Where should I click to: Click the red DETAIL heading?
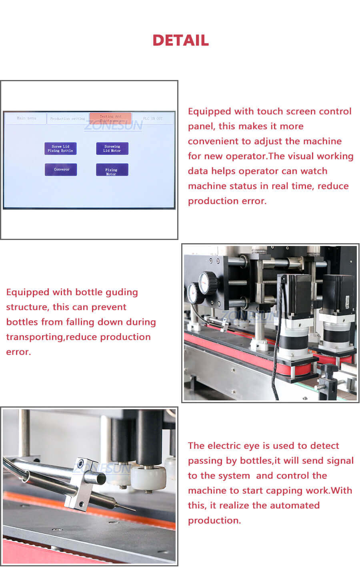tap(180, 40)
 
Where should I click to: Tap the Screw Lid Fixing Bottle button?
tap(60, 148)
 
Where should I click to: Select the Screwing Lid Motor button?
tap(112, 148)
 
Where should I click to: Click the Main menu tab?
tap(26, 118)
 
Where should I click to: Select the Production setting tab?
tap(68, 119)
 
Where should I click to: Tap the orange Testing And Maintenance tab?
tap(110, 118)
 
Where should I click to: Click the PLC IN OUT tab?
tap(153, 118)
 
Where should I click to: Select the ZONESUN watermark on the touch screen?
tap(113, 126)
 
